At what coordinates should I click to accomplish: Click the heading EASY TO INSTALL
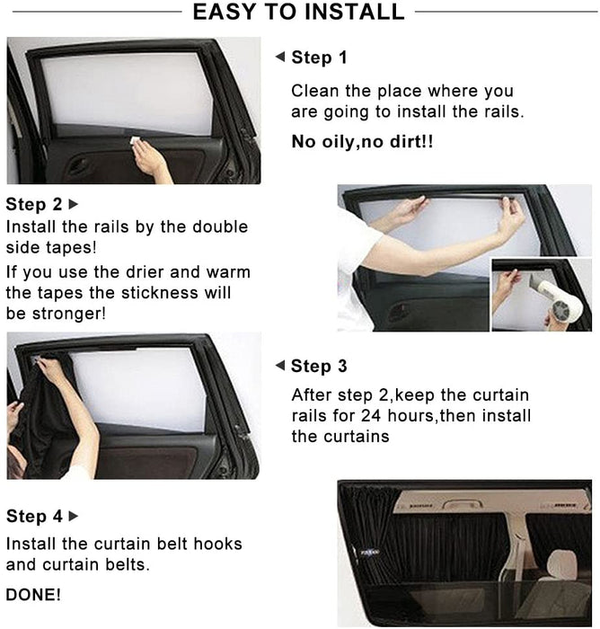pyautogui.click(x=299, y=12)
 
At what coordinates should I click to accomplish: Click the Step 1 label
pyautogui.click(x=319, y=58)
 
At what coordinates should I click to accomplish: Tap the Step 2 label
pyautogui.click(x=34, y=204)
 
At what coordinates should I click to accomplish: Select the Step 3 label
pyautogui.click(x=319, y=366)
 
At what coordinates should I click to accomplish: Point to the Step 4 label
pyautogui.click(x=34, y=516)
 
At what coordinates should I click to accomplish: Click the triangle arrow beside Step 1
pyautogui.click(x=280, y=57)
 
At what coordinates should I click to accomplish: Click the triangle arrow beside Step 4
pyautogui.click(x=74, y=516)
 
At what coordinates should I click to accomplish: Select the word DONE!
pyautogui.click(x=34, y=595)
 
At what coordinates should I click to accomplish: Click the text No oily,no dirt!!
pyautogui.click(x=362, y=142)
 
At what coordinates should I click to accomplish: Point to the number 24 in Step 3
pyautogui.click(x=371, y=416)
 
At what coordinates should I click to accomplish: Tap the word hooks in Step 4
pyautogui.click(x=217, y=544)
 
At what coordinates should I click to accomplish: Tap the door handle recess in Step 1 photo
pyautogui.click(x=79, y=165)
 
